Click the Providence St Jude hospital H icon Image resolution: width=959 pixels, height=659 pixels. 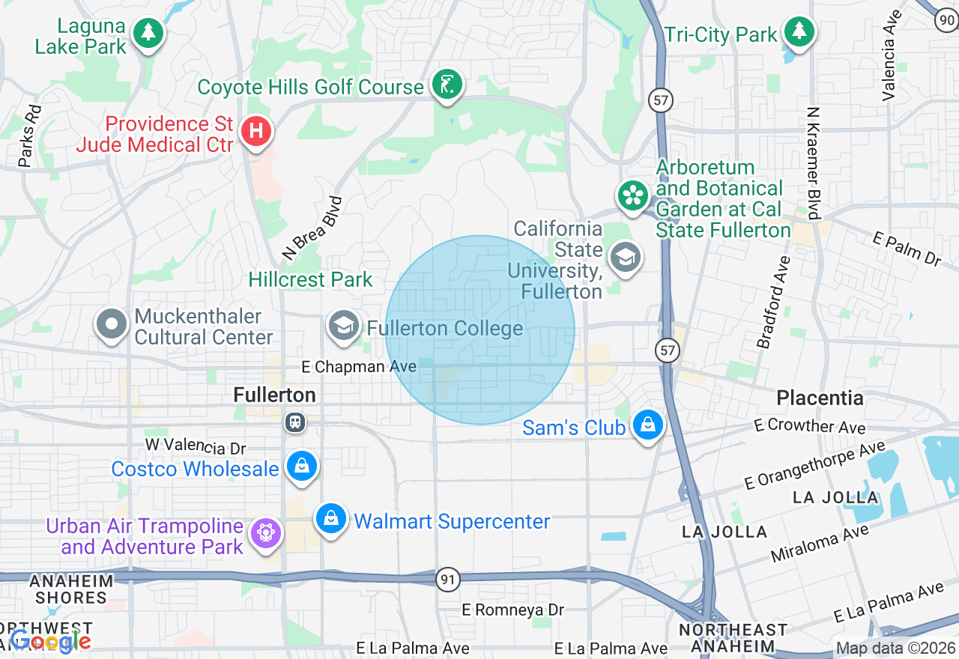point(256,132)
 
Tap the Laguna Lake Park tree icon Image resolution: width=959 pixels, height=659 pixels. point(148,32)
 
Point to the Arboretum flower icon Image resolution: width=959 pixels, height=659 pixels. point(633,195)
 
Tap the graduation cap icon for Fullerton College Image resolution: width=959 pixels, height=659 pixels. point(343,326)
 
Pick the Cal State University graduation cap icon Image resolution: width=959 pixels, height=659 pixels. point(625,258)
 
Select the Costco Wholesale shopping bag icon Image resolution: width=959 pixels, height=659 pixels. point(302,467)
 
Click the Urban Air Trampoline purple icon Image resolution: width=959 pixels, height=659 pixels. point(266,533)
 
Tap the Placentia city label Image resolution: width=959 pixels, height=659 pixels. point(820,398)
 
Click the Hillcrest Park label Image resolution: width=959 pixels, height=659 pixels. point(310,280)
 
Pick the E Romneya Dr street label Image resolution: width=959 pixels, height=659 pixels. point(513,610)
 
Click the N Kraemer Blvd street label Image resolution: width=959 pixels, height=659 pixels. point(814,163)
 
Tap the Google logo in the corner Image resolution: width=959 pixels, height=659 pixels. point(50,641)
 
